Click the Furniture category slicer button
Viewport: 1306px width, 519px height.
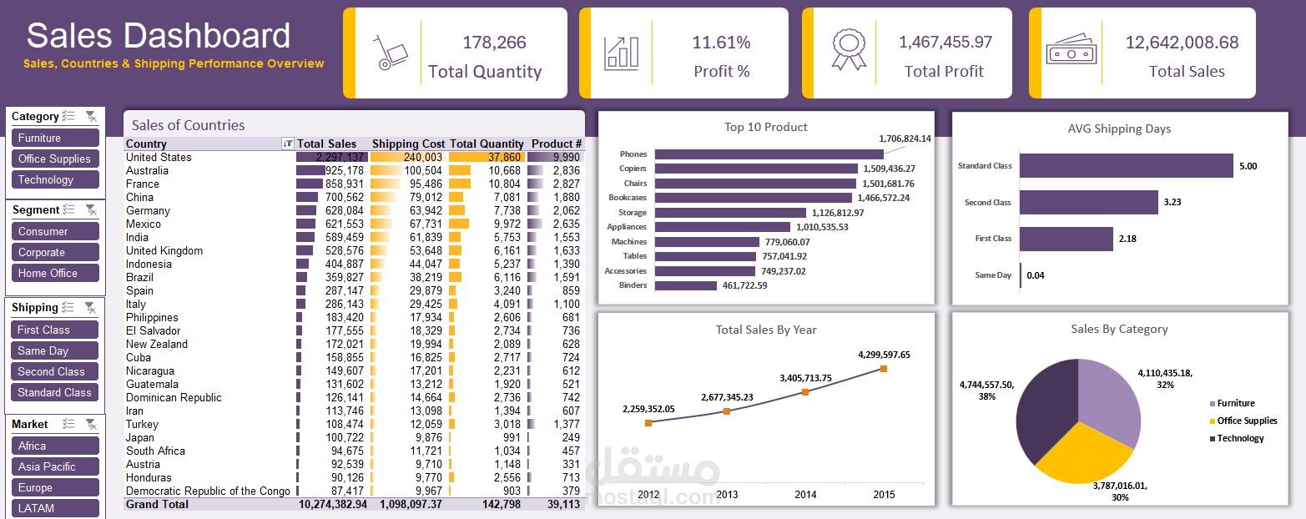55,139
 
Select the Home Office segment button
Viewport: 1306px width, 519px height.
55,274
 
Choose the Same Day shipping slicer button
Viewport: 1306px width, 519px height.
55,351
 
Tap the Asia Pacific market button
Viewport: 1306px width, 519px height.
55,467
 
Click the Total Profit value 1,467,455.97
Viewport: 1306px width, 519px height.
945,42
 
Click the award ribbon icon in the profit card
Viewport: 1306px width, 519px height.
848,50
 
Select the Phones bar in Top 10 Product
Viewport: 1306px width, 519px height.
768,154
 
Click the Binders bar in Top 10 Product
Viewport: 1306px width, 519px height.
685,285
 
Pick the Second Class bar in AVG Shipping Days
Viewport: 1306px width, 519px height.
1087,202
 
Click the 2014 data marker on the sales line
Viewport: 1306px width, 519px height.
805,391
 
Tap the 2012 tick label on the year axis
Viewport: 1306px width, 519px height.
648,495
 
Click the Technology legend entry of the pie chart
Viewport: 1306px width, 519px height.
1239,439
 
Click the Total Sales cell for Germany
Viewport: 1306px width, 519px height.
330,211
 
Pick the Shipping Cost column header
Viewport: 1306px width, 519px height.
408,144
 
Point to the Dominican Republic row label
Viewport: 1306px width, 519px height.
174,398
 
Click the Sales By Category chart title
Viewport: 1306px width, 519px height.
1118,330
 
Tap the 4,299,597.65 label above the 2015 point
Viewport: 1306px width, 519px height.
883,355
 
